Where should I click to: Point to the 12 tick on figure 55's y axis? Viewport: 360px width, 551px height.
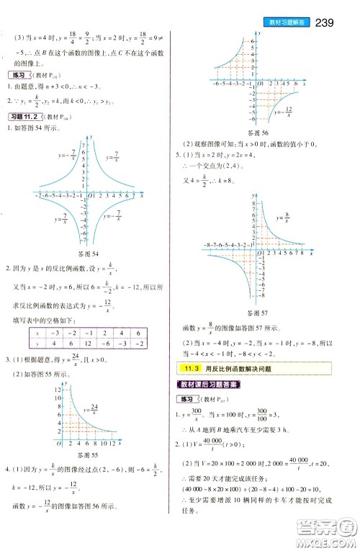point(57,390)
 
